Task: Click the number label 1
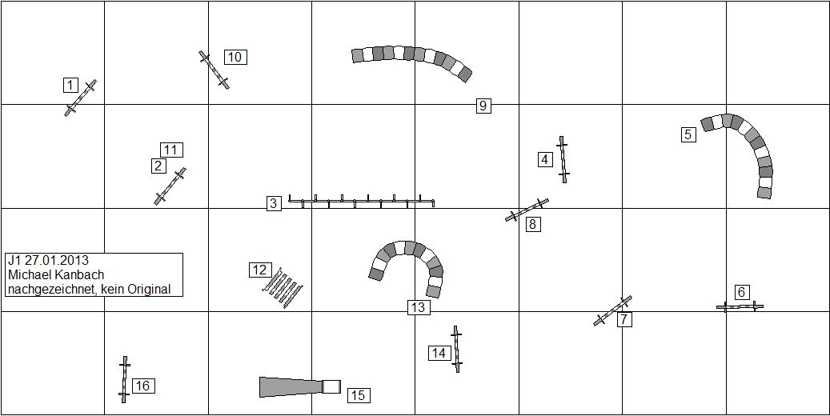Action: [x=70, y=85]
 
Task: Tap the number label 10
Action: [x=235, y=57]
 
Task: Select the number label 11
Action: [x=171, y=150]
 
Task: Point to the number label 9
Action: [x=483, y=106]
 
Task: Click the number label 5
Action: [x=688, y=134]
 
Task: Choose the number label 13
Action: [x=418, y=307]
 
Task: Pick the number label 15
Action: [x=359, y=395]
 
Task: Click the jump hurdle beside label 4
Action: [x=563, y=159]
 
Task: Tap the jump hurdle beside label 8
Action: [x=527, y=210]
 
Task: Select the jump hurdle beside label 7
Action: [x=612, y=310]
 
